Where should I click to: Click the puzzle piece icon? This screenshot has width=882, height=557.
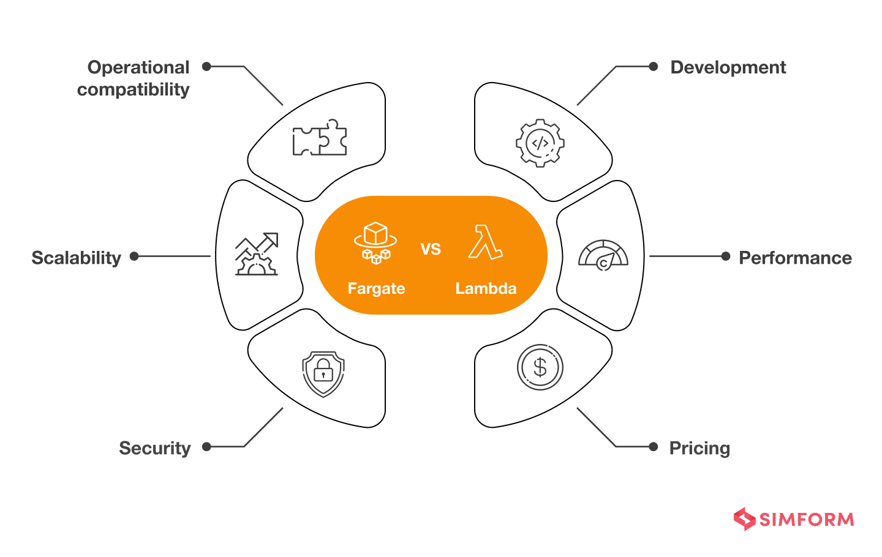(320, 137)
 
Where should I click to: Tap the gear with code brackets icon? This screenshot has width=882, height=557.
(540, 143)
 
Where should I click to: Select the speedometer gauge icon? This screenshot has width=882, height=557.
(603, 255)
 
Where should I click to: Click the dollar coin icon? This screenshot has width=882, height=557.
(540, 367)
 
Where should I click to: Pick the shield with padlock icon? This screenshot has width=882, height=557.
(323, 373)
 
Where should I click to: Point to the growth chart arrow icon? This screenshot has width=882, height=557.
(257, 254)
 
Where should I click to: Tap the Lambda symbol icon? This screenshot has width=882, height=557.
(486, 242)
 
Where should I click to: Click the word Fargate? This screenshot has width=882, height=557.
(376, 288)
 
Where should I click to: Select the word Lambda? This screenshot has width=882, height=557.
(486, 288)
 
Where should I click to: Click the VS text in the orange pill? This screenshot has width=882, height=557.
(431, 249)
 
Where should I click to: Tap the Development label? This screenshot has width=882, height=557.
(728, 67)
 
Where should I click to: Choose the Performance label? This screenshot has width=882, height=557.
(795, 258)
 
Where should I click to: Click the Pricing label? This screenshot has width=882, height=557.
(699, 448)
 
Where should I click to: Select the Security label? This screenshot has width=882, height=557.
(154, 448)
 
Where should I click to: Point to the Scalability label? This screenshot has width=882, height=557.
(77, 258)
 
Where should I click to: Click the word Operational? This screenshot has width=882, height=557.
(138, 67)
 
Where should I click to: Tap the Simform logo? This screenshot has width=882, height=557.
(794, 519)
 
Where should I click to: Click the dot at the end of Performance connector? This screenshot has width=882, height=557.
(726, 256)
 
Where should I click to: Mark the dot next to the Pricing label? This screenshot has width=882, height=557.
(654, 447)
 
